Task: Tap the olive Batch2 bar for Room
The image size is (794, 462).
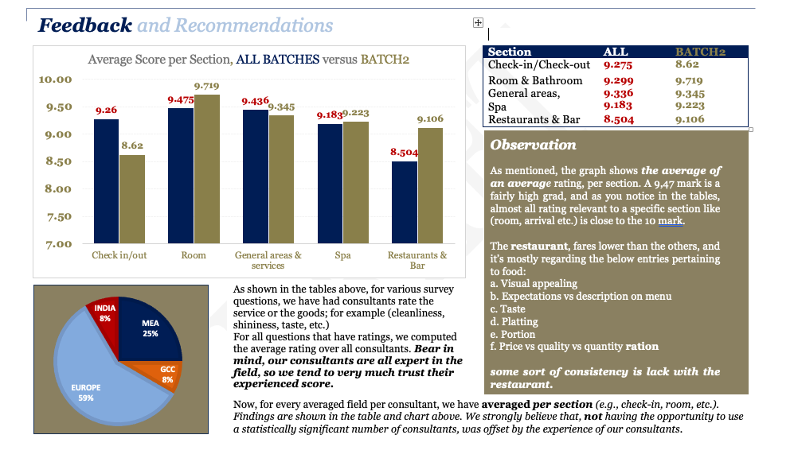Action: pos(206,169)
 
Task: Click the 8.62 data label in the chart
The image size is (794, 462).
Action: pos(131,146)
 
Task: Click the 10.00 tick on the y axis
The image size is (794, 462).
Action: pos(56,80)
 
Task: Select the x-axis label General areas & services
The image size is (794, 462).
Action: pos(268,260)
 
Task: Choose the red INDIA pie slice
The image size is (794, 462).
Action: pos(104,314)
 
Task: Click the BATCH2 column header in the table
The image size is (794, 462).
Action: pos(700,52)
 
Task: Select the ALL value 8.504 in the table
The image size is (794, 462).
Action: pos(619,120)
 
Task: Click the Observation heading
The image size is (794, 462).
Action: pos(533,145)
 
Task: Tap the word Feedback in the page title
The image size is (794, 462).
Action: pos(85,25)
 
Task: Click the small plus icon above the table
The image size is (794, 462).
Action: pos(478,23)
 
